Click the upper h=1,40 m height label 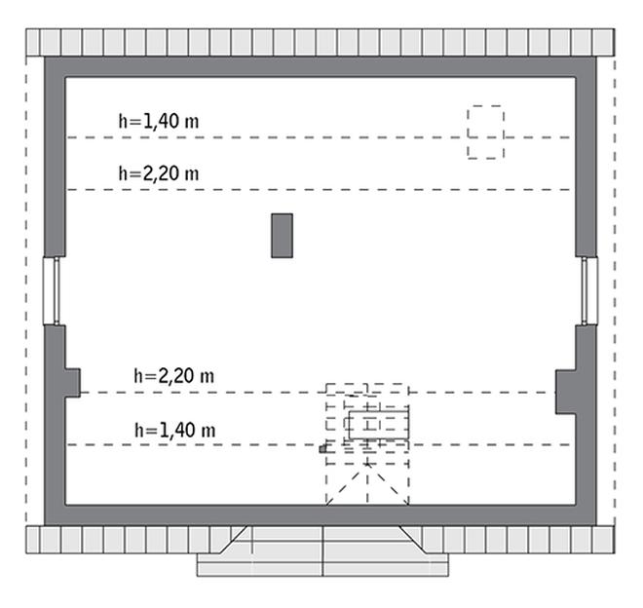(159, 122)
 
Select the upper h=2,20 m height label (159, 173)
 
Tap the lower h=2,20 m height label (173, 376)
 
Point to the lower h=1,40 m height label (175, 430)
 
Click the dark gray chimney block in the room (283, 236)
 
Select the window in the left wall (52, 291)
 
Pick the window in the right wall (589, 291)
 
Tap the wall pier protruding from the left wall (72, 383)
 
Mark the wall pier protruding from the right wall (565, 393)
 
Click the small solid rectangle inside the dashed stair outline (379, 425)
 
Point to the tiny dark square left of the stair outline (323, 449)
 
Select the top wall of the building (321, 67)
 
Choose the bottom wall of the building (321, 515)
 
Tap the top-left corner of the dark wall (45, 57)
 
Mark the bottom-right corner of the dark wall (596, 525)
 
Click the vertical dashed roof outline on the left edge (26, 291)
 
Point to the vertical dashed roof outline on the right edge (615, 291)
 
